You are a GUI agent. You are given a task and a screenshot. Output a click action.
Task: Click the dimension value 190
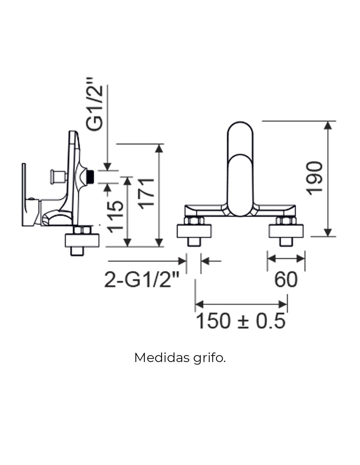314,179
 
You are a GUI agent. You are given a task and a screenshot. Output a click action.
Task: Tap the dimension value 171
146,194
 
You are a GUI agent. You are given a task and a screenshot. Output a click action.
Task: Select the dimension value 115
116,217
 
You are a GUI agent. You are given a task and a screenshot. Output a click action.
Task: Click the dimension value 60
286,280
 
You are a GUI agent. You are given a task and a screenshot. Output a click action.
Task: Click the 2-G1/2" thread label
142,280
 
